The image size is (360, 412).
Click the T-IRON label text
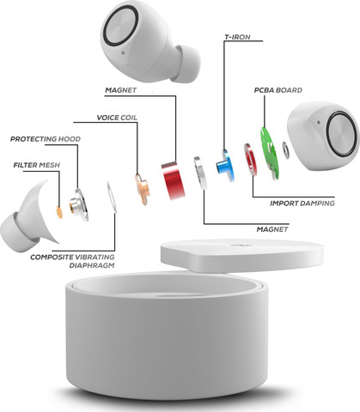pyautogui.click(x=237, y=37)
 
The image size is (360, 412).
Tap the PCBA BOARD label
pyautogui.click(x=278, y=90)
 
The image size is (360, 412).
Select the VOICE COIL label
pyautogui.click(x=117, y=118)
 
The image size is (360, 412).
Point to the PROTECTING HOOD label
pyautogui.click(x=46, y=139)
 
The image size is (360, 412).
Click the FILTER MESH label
pyautogui.click(x=37, y=165)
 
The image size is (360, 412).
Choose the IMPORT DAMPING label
pyautogui.click(x=302, y=203)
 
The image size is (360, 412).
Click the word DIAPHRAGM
pyautogui.click(x=92, y=265)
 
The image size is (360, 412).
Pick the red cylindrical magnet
pyautogui.click(x=173, y=180)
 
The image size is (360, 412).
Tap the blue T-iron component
pyautogui.click(x=226, y=166)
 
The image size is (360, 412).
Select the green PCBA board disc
pyautogui.click(x=269, y=154)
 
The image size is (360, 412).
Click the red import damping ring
pyautogui.click(x=251, y=160)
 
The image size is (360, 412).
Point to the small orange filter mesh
pyautogui.click(x=59, y=212)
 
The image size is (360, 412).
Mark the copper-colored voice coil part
pyautogui.click(x=143, y=189)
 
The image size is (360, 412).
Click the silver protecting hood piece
pyautogui.click(x=78, y=205)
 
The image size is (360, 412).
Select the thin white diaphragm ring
pyautogui.click(x=112, y=197)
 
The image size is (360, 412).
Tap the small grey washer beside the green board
pyautogui.click(x=286, y=150)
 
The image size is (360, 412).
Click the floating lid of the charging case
pyautogui.click(x=242, y=256)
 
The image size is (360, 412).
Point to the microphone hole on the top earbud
pyautogui.click(x=123, y=52)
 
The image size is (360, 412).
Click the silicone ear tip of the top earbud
pyautogui.click(x=187, y=64)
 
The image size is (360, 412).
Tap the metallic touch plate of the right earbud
pyautogui.click(x=341, y=134)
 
